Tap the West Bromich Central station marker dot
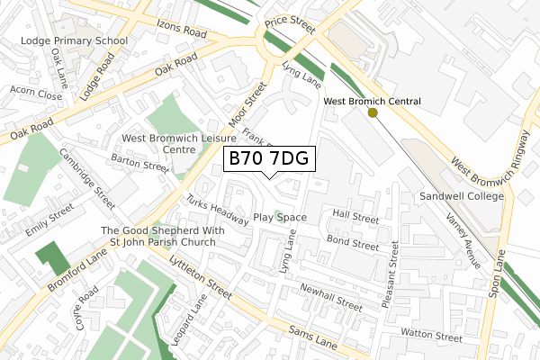pyautogui.click(x=373, y=112)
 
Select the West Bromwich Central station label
pyautogui.click(x=372, y=101)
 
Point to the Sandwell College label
pyautogui.click(x=459, y=195)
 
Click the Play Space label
pyautogui.click(x=280, y=218)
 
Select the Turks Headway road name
pyautogui.click(x=217, y=210)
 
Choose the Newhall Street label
pyautogui.click(x=331, y=300)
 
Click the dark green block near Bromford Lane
pyautogui.click(x=52, y=259)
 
